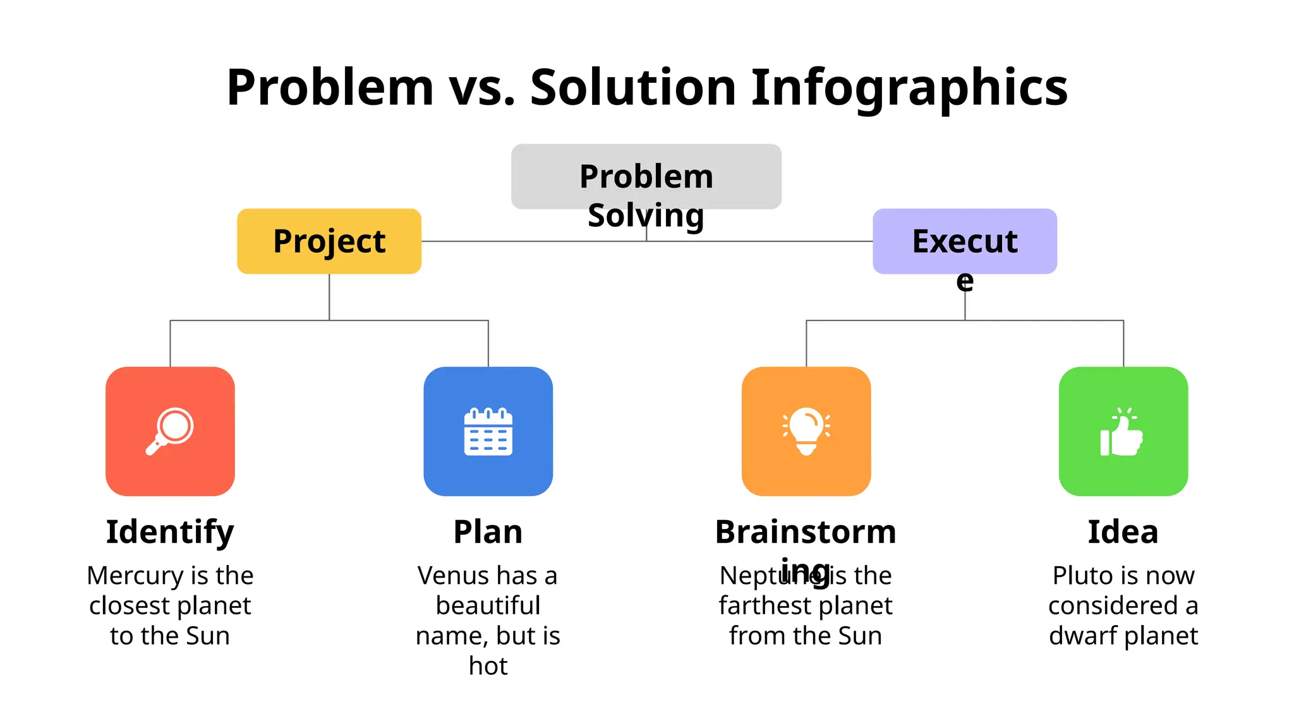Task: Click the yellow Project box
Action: [329, 241]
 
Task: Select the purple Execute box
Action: [964, 241]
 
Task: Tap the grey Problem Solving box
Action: [646, 177]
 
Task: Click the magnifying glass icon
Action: [170, 431]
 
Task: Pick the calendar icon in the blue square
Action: [488, 432]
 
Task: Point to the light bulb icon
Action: [806, 432]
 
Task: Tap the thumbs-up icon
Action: [1122, 432]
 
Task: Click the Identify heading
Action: [170, 532]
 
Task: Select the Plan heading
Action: [488, 532]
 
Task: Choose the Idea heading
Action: [1123, 532]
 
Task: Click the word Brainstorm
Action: [806, 532]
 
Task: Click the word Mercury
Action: [135, 576]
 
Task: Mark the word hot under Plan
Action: [488, 666]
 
